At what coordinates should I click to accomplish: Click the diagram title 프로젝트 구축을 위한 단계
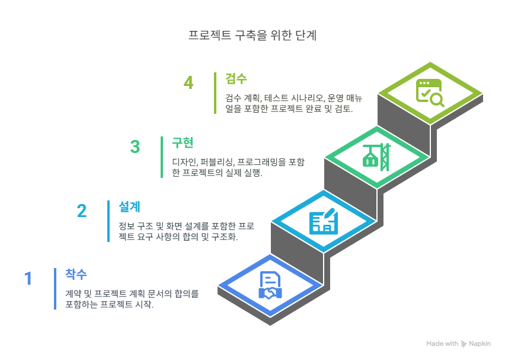coord(252,35)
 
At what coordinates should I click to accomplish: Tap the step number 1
coord(28,278)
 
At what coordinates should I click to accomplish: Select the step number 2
coord(82,211)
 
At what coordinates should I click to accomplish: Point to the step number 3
coord(135,146)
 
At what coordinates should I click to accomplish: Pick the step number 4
coord(188,82)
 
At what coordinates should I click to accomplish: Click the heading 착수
coord(76,274)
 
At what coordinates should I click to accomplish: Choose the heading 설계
coord(129,206)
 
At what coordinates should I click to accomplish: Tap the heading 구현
coord(183,143)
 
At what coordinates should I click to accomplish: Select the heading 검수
coord(236,78)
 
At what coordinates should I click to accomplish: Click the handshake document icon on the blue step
coord(270,285)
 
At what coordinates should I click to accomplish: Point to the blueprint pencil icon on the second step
coord(323,221)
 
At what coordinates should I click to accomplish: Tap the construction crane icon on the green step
coord(377,157)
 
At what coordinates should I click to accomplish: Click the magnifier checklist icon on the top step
coord(430,93)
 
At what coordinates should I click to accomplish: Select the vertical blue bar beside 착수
coord(55,288)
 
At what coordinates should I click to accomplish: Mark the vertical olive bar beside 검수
coord(215,93)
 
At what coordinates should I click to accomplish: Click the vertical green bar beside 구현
coord(162,157)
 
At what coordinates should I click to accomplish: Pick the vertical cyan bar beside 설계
coord(108,221)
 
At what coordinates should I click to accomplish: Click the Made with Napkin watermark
coord(458,343)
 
